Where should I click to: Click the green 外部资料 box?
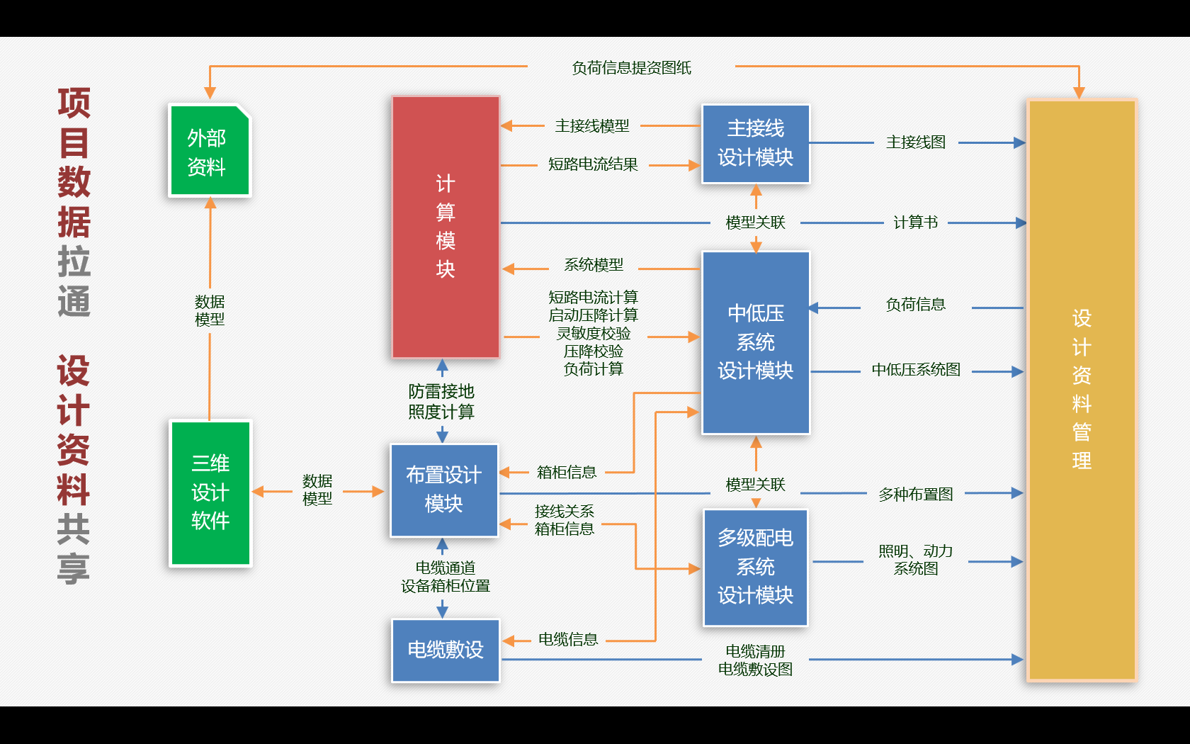click(x=209, y=151)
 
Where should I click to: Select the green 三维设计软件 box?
click(x=210, y=493)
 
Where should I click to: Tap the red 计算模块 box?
click(x=446, y=227)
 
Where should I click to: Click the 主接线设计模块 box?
click(x=755, y=144)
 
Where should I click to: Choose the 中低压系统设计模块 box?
click(x=755, y=342)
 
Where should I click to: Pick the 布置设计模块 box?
click(x=444, y=490)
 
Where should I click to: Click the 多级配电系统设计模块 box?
click(x=755, y=567)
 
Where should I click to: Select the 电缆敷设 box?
click(x=446, y=650)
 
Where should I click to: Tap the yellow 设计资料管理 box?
click(x=1081, y=390)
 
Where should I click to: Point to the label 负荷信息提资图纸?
click(x=631, y=68)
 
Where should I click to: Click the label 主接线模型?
click(x=592, y=126)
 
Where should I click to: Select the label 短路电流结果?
click(x=593, y=164)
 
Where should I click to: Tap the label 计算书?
click(x=915, y=222)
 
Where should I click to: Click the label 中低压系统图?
click(x=916, y=370)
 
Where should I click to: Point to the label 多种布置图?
click(x=916, y=495)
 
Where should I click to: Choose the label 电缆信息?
click(x=568, y=640)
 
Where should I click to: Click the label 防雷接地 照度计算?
click(x=441, y=402)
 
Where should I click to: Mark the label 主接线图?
click(x=916, y=142)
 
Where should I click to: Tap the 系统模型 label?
click(x=594, y=265)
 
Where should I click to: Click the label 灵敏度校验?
click(x=594, y=333)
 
